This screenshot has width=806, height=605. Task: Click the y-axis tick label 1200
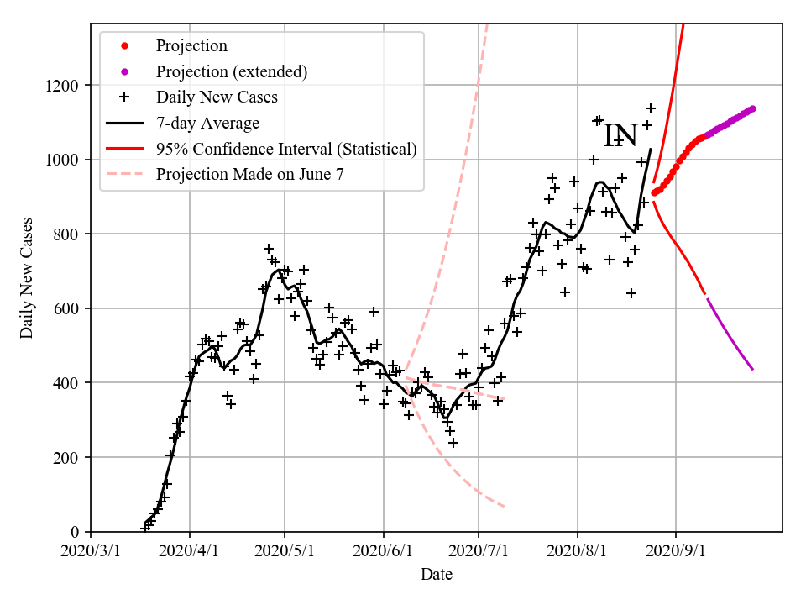(64, 86)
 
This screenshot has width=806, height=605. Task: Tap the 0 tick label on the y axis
(76, 532)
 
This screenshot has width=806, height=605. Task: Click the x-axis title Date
(437, 575)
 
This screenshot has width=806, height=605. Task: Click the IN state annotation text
(621, 134)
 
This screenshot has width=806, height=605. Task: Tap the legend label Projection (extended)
(231, 71)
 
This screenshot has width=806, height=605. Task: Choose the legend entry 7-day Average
(207, 123)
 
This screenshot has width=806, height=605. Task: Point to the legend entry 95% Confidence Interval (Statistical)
(286, 149)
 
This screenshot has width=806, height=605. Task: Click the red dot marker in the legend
(124, 45)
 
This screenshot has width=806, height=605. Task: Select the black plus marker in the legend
(124, 97)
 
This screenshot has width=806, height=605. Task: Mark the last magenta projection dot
(752, 108)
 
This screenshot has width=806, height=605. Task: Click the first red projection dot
(654, 192)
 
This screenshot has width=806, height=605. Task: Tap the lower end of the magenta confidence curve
(752, 369)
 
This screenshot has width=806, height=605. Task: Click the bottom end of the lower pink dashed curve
(504, 506)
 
